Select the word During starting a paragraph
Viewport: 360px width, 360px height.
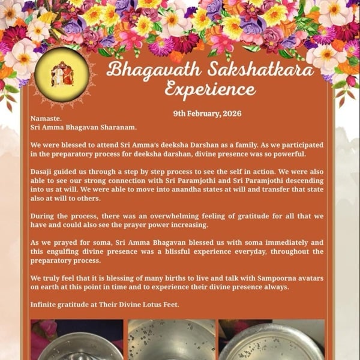coord(43,215)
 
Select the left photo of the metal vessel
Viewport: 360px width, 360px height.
coord(76,340)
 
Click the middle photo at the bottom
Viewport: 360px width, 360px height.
coord(171,340)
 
